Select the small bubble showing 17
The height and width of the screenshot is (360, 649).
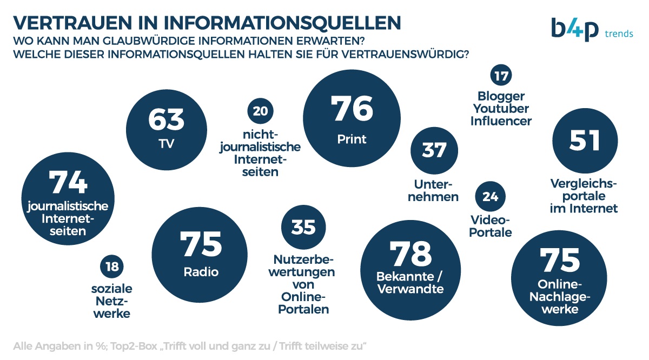pyautogui.click(x=501, y=76)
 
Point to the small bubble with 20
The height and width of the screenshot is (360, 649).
pyautogui.click(x=260, y=111)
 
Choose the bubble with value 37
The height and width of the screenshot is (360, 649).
pyautogui.click(x=434, y=150)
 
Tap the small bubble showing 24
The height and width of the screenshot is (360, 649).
pyautogui.click(x=490, y=197)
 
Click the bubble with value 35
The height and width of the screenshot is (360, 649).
pyautogui.click(x=303, y=227)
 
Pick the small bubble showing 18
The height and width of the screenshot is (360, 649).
pyautogui.click(x=112, y=266)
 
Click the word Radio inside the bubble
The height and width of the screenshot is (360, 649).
pyautogui.click(x=201, y=272)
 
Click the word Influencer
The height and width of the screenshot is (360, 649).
pyautogui.click(x=501, y=121)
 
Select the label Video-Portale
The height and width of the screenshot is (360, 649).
pyautogui.click(x=490, y=226)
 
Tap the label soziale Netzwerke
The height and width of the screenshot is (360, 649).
pyautogui.click(x=112, y=301)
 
